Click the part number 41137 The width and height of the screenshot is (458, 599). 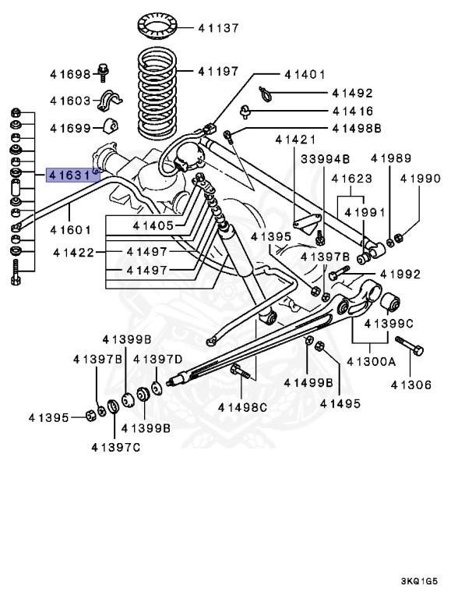tap(218, 28)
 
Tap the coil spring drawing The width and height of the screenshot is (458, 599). tap(160, 91)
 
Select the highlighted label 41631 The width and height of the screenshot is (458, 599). tap(72, 175)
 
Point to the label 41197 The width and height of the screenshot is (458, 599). tap(218, 71)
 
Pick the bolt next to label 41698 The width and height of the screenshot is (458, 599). tap(104, 73)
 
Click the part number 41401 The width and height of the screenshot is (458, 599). tap(305, 75)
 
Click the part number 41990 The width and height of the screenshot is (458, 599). tap(421, 179)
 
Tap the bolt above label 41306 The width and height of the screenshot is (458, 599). tap(408, 347)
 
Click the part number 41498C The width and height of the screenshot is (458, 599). tap(242, 406)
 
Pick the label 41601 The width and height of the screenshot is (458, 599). tap(71, 230)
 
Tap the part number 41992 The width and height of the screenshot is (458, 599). tap(400, 275)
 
